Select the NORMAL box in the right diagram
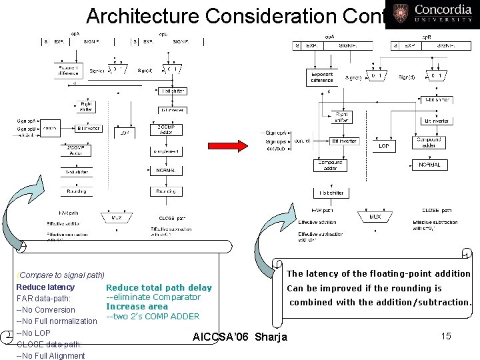(x=430, y=165)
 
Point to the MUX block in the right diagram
(x=375, y=216)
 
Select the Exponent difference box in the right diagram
(x=322, y=78)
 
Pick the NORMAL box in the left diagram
(x=167, y=170)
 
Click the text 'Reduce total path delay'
(x=159, y=288)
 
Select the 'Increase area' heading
(x=137, y=307)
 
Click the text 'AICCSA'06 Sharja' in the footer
(x=239, y=337)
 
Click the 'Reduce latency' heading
(x=45, y=287)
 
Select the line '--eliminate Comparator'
(x=153, y=297)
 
